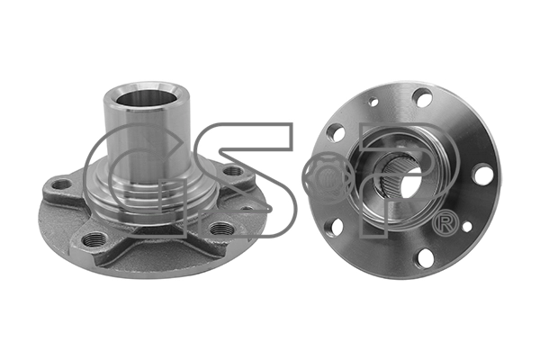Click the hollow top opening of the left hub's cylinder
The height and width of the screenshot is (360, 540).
tap(147, 95)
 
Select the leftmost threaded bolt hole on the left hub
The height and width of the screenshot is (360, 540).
tap(62, 185)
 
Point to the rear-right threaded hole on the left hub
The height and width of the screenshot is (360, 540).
tap(232, 171)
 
